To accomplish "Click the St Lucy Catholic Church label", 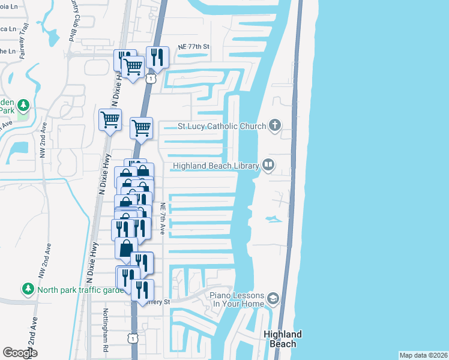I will click(221, 126).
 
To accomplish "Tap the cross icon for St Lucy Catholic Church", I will click(275, 125).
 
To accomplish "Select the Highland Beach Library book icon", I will click(268, 166).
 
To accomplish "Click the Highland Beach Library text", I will click(215, 166).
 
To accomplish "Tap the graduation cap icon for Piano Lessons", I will click(273, 298).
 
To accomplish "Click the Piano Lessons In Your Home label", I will click(237, 299).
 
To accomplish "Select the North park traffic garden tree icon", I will click(28, 289).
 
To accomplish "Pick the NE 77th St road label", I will click(193, 47).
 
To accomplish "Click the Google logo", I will click(20, 352).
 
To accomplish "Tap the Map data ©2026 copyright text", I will click(423, 355).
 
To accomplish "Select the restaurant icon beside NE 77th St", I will click(157, 57).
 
